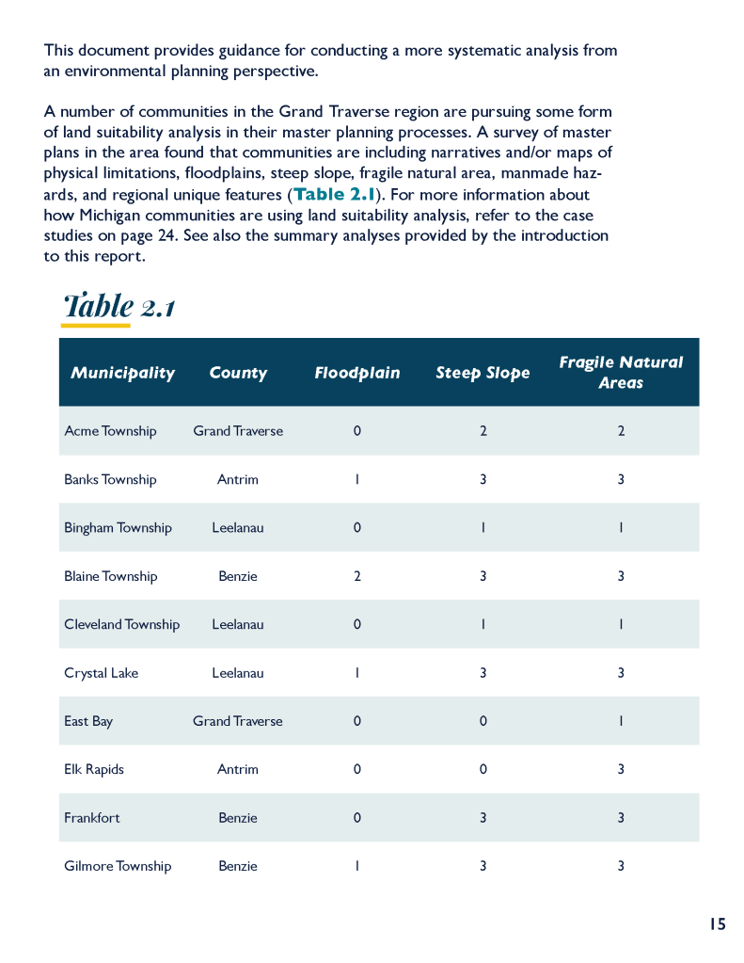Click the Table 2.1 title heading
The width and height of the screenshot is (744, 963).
click(x=119, y=305)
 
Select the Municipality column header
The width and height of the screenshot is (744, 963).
click(x=122, y=373)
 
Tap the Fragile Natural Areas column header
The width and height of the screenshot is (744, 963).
click(x=621, y=373)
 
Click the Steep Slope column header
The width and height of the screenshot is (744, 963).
click(x=483, y=373)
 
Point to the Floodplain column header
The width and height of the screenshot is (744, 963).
click(x=357, y=373)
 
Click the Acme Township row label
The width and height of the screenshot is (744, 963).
click(x=110, y=431)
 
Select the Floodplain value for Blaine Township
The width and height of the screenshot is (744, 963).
click(x=357, y=576)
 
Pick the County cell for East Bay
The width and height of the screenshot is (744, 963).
click(x=238, y=721)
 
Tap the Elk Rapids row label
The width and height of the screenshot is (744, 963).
click(x=94, y=769)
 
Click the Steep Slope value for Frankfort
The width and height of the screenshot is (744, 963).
click(x=483, y=818)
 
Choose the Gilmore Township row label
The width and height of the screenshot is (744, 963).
click(x=118, y=866)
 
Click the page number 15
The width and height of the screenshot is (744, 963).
click(x=718, y=924)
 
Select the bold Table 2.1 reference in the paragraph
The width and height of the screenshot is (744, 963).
click(x=335, y=195)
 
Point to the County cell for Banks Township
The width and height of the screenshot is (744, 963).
click(x=238, y=479)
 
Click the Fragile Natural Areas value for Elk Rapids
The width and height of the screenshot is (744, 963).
click(x=621, y=769)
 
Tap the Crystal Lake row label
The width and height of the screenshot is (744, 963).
click(x=101, y=673)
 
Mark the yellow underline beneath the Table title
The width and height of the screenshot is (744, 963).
click(x=95, y=326)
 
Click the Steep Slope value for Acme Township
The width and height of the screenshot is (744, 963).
click(x=483, y=431)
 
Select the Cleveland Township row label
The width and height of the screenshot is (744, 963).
click(x=121, y=624)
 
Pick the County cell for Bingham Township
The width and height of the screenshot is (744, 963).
click(x=238, y=528)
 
